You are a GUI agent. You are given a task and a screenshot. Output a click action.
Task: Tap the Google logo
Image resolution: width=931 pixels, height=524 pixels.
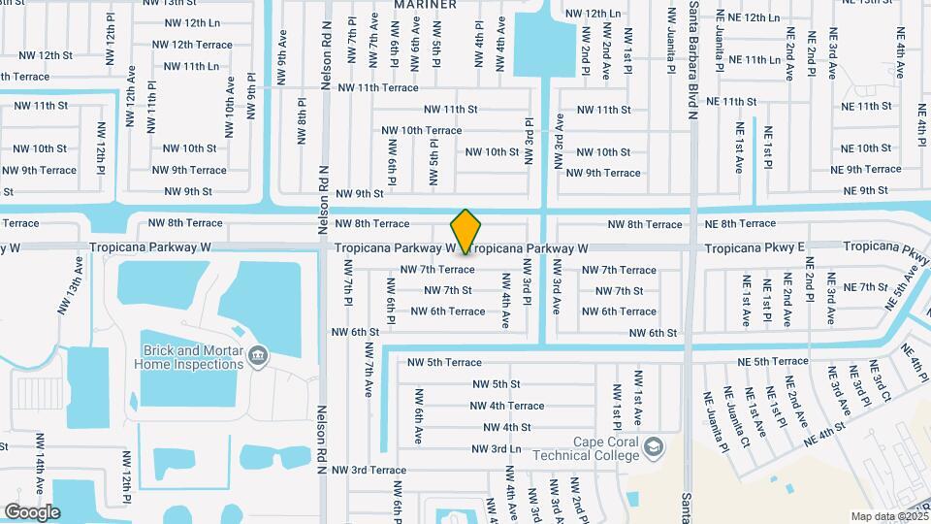(x=32, y=511)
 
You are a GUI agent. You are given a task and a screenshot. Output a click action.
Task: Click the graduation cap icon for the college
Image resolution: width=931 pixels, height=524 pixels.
(x=656, y=446)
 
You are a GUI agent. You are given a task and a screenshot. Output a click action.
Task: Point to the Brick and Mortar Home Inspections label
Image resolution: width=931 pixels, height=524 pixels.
(x=192, y=357)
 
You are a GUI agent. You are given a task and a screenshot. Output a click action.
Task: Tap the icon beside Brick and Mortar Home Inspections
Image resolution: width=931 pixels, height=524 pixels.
(x=258, y=356)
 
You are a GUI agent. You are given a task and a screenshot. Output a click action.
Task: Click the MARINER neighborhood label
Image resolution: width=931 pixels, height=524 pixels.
(x=426, y=5)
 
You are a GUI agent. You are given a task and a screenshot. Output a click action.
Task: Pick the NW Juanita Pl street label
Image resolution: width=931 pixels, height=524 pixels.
(x=670, y=45)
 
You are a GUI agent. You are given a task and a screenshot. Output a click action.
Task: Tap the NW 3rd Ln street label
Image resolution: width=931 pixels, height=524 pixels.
(x=497, y=449)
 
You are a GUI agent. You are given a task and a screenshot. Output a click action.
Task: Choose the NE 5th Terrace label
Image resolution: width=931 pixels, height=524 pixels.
(x=773, y=361)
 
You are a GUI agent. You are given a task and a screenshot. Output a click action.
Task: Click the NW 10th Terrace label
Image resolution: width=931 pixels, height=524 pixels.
(x=422, y=130)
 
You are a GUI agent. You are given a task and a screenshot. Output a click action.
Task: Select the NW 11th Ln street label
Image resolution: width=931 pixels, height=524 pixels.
(x=192, y=66)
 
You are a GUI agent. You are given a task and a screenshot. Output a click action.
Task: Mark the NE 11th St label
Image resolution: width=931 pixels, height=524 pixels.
(x=732, y=101)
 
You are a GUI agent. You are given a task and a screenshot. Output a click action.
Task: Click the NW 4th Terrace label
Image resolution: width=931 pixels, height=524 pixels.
(x=507, y=406)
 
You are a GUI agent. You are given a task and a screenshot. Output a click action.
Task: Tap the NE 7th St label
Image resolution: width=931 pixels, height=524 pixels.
(x=865, y=287)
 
